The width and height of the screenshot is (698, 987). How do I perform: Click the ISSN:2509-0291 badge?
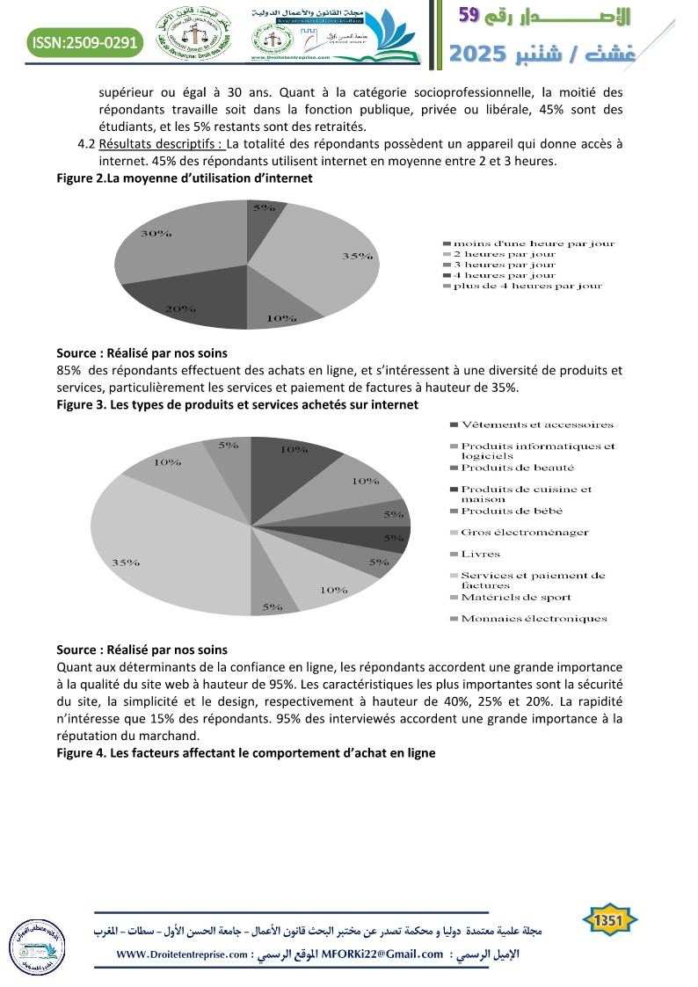[x=84, y=41]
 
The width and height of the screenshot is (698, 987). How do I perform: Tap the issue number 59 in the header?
[x=469, y=15]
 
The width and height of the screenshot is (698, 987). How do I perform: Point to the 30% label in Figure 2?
[x=156, y=234]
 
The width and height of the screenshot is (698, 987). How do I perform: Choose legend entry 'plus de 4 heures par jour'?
[x=527, y=286]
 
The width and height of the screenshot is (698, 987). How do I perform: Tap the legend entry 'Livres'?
[x=480, y=555]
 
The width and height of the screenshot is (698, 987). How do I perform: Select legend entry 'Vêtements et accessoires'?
[x=537, y=425]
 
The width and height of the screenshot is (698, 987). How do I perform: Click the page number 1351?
[x=610, y=921]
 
